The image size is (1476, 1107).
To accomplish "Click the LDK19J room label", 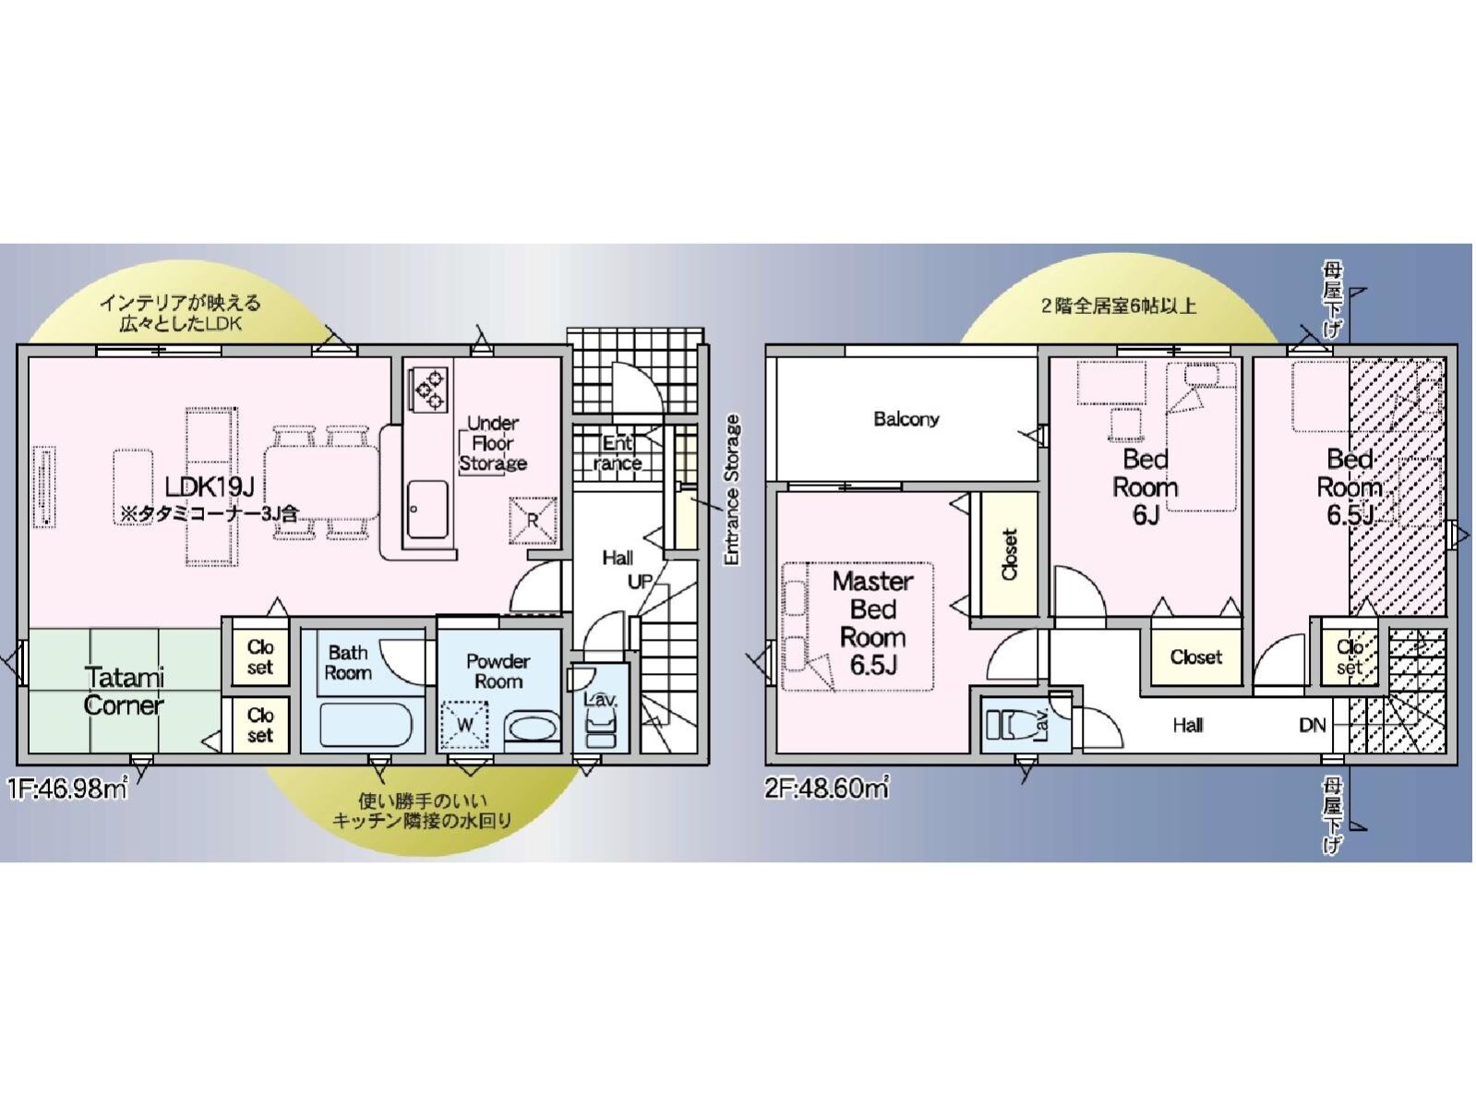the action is tap(210, 487).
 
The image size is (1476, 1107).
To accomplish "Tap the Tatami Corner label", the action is tap(124, 691).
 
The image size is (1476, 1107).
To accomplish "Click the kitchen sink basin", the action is tap(427, 510).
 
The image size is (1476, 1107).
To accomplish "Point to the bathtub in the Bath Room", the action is tap(366, 725).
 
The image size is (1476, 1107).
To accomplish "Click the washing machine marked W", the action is tap(465, 725).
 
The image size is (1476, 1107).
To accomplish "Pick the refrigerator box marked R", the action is tap(533, 520).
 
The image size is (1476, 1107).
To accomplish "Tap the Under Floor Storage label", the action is tap(493, 443).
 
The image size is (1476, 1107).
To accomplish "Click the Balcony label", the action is tap(906, 419).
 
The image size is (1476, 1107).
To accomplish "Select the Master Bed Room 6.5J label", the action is tap(873, 623).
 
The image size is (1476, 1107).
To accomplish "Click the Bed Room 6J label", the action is tap(1146, 487).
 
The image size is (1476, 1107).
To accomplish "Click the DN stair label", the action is tap(1312, 725).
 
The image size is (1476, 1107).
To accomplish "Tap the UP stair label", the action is tap(641, 582).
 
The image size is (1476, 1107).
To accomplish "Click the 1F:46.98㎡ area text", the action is tap(67, 788).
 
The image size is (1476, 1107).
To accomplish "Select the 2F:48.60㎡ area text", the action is tap(826, 788).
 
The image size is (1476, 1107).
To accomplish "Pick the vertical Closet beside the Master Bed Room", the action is tap(1009, 554).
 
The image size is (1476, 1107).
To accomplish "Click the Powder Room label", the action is tap(498, 671).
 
